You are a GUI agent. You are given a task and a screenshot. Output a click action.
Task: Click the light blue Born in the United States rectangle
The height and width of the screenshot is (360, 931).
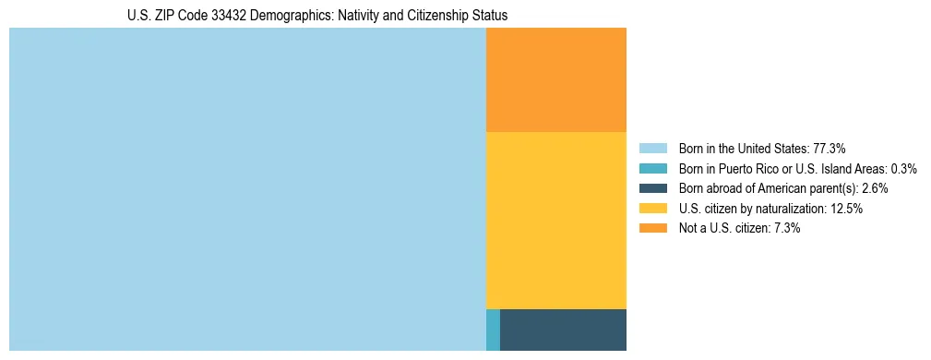point(247,189)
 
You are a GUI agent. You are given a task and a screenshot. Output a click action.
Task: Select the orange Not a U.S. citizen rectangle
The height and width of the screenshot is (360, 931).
point(555,80)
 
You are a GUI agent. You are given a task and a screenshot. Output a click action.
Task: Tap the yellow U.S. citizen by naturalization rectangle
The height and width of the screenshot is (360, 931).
point(555,221)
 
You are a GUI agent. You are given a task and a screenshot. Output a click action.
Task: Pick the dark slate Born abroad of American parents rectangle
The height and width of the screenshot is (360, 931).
point(563,330)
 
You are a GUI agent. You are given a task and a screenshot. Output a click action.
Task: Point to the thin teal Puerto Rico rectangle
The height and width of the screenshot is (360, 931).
point(493,330)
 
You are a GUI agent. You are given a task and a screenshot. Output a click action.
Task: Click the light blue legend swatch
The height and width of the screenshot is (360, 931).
point(652,148)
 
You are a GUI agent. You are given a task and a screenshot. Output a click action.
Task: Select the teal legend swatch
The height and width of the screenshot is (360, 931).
point(652,168)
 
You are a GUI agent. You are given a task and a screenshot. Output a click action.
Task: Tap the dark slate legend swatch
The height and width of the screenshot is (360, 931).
point(652,188)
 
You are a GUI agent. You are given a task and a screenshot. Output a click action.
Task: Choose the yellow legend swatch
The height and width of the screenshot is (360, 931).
point(652,209)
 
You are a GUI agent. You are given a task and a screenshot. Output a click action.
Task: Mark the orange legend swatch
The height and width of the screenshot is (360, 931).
point(652,229)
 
